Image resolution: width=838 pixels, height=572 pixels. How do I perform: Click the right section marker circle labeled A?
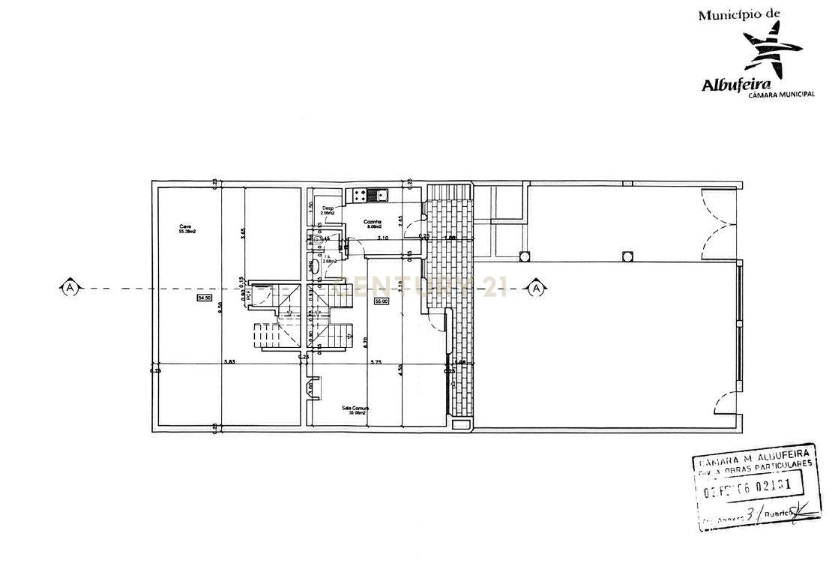tap(537, 288)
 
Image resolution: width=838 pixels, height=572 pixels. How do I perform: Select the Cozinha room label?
tap(373, 223)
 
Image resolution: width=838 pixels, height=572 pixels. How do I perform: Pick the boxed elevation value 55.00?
tap(380, 301)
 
